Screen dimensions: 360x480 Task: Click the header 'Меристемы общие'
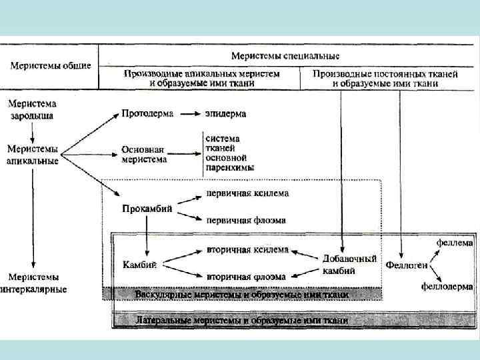tap(50, 65)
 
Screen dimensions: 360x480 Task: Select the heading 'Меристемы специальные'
tap(285, 55)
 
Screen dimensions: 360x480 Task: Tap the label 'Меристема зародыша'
tap(32, 109)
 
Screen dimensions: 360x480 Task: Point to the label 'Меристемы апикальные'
tap(33, 155)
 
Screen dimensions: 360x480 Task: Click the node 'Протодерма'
tap(147, 113)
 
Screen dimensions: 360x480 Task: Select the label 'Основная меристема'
tap(144, 155)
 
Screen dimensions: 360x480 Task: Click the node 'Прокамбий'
tap(147, 208)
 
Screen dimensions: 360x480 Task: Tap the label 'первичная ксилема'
tap(247, 193)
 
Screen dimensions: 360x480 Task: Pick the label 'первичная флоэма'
tap(246, 219)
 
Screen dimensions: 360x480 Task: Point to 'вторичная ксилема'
tap(247, 250)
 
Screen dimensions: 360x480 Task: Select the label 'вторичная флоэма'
tap(246, 275)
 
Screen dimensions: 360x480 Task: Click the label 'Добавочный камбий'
tap(349, 264)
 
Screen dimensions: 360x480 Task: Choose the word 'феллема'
tap(455, 241)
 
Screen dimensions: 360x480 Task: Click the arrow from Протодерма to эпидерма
tap(191, 113)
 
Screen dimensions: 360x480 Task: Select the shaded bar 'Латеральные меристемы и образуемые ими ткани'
tap(241, 321)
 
